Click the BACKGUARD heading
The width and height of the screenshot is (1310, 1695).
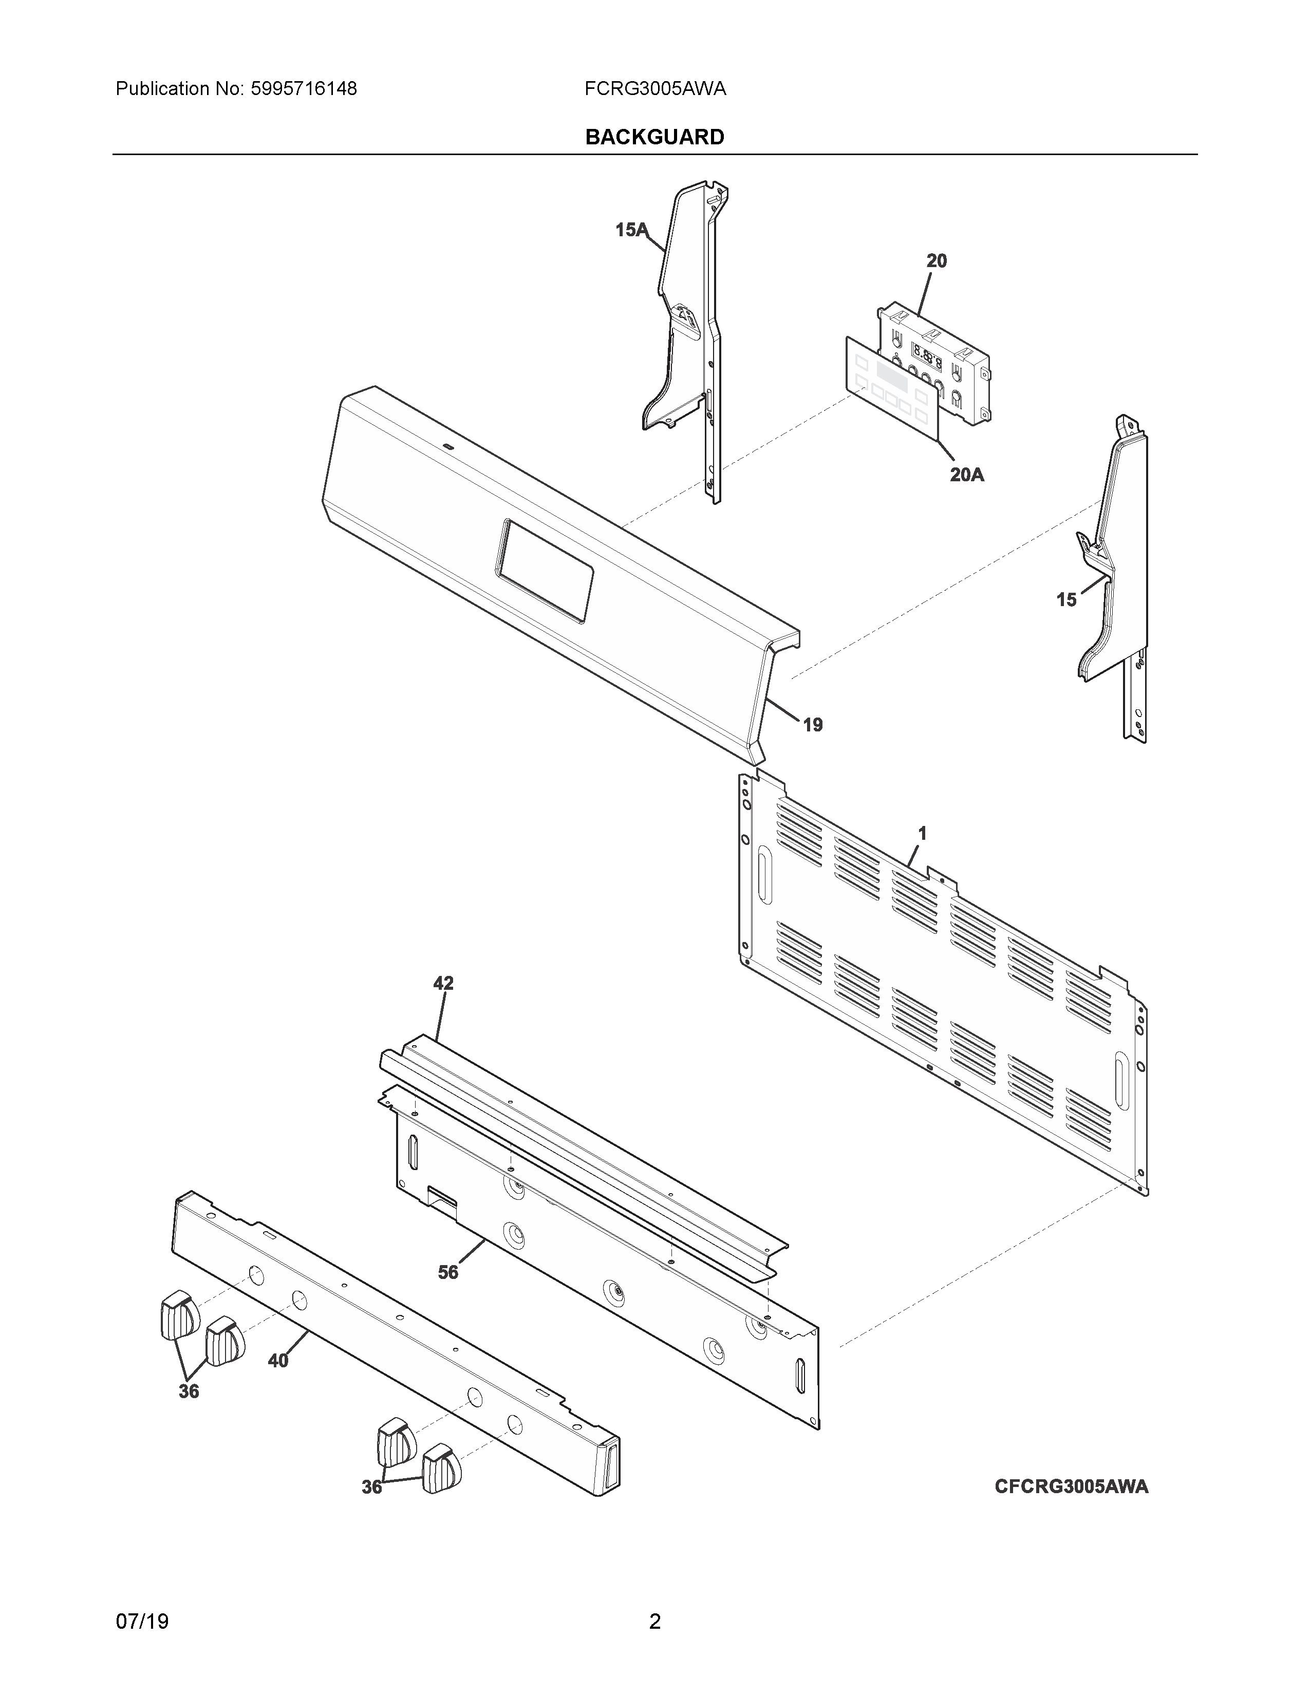click(654, 137)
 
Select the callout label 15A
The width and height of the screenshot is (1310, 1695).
click(630, 230)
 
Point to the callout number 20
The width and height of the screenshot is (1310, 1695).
click(937, 261)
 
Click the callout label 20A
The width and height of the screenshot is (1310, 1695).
click(966, 474)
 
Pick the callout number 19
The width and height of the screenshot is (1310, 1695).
click(812, 725)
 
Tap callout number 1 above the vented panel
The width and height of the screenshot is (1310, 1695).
click(922, 834)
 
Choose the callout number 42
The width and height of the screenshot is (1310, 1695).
click(443, 983)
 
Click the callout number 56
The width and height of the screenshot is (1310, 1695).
click(448, 1272)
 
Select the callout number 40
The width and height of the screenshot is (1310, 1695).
click(278, 1361)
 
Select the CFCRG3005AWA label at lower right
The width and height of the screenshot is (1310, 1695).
click(1071, 1486)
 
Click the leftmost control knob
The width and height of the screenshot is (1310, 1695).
click(178, 1315)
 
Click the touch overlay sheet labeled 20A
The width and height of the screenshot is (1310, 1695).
click(892, 388)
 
